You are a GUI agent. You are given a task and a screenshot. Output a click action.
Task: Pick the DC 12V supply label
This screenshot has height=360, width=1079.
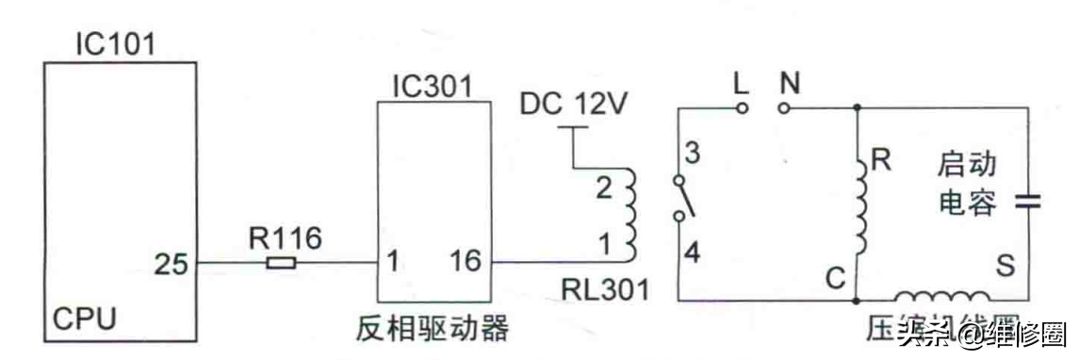pyautogui.click(x=574, y=104)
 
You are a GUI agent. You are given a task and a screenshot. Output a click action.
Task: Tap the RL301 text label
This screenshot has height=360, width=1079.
pyautogui.click(x=608, y=290)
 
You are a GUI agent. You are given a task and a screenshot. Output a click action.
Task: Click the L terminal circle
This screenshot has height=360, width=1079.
pyautogui.click(x=742, y=107)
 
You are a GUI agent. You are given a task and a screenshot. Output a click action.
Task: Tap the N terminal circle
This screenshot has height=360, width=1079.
pyautogui.click(x=783, y=107)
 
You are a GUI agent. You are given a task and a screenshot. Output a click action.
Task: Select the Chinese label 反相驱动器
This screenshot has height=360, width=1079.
pyautogui.click(x=433, y=329)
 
